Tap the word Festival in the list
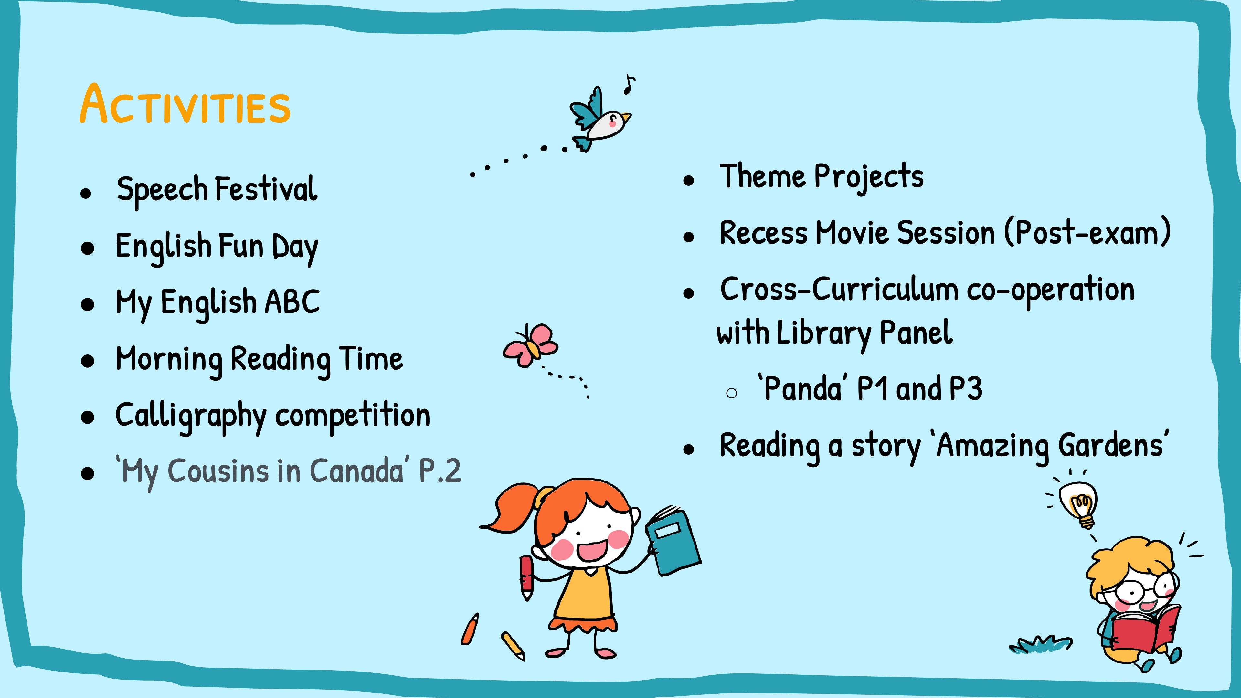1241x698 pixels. tap(266, 188)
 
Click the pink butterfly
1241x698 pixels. tap(530, 345)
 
